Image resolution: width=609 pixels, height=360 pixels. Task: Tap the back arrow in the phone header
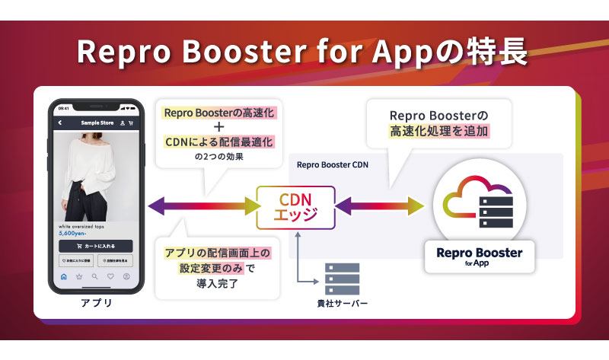pyautogui.click(x=59, y=122)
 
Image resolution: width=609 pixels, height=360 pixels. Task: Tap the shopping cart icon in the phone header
pyautogui.click(x=130, y=122)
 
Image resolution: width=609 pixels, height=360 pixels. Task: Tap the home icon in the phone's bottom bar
pyautogui.click(x=63, y=276)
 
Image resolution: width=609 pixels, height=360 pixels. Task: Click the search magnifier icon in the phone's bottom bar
pyautogui.click(x=94, y=276)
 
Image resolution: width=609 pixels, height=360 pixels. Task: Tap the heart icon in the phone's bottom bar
pyautogui.click(x=110, y=276)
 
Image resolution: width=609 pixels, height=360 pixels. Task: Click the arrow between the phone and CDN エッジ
pyautogui.click(x=201, y=205)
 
